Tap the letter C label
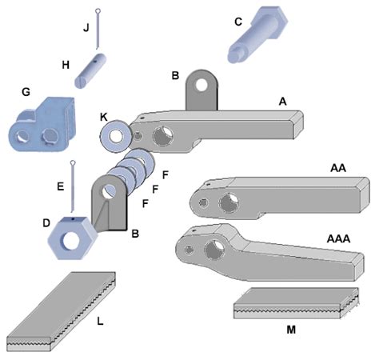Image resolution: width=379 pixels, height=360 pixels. pos(237,22)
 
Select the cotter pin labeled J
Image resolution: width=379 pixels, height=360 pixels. pos(98,27)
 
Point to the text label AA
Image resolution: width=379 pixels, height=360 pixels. pos(338,170)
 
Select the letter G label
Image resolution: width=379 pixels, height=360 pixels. pos(26,92)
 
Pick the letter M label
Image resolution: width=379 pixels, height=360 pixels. pos(291,328)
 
